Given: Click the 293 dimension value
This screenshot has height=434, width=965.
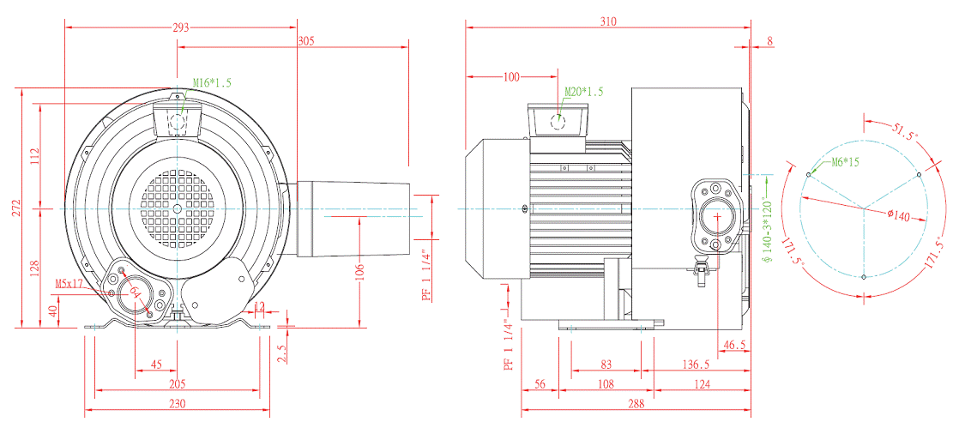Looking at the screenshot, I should point(181,27).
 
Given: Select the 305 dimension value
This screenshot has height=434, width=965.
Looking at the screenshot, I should point(306,40).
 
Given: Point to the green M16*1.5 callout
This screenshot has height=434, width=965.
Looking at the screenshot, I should point(211,83).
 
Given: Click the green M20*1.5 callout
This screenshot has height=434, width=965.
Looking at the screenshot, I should point(584,91).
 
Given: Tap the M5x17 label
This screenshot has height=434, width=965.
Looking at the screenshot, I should point(69,282).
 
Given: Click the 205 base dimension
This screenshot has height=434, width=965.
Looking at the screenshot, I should point(178,384).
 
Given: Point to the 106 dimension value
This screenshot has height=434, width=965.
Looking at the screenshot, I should point(359,272).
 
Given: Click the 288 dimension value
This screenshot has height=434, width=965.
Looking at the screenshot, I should point(635,404).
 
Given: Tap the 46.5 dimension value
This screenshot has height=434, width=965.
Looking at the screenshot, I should point(735,345).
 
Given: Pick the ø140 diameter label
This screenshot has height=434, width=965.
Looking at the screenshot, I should point(896,216).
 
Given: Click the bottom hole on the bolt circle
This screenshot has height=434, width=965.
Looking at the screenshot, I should point(863,276).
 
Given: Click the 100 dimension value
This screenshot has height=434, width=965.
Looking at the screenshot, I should point(512,77).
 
